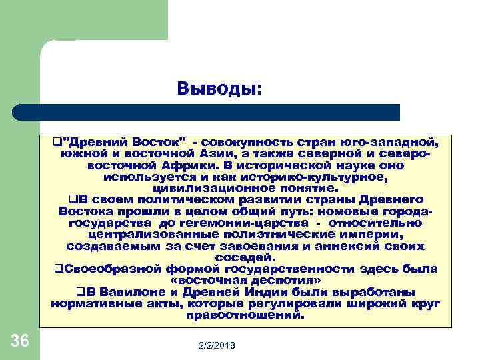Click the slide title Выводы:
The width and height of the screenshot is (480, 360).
tap(220, 88)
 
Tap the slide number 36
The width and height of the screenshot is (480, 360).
tap(20, 341)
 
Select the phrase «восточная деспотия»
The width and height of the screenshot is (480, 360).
tap(245, 281)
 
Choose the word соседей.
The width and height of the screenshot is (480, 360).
tap(245, 257)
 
